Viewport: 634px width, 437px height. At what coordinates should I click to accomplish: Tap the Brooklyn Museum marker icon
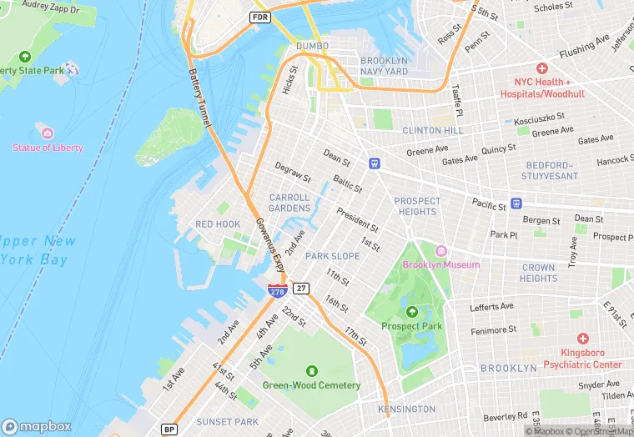click(441, 251)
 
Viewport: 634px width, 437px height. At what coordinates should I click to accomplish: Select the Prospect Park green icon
click(411, 312)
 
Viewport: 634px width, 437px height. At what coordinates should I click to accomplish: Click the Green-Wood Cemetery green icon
click(311, 370)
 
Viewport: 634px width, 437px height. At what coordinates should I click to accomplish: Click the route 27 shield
click(302, 288)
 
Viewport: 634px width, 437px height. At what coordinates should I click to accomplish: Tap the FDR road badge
click(260, 17)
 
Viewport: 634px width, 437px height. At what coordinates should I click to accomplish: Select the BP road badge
click(169, 429)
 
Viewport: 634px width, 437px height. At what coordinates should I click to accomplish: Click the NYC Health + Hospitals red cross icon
click(542, 68)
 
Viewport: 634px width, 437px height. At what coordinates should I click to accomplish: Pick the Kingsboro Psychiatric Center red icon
click(582, 339)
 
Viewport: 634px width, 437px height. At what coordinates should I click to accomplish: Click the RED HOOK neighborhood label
click(217, 224)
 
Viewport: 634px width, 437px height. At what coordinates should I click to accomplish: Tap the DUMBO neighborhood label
click(312, 46)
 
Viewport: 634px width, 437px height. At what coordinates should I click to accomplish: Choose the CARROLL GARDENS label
click(289, 203)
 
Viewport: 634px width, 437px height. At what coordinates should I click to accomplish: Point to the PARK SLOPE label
click(332, 256)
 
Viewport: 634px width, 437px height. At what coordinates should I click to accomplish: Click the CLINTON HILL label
click(432, 131)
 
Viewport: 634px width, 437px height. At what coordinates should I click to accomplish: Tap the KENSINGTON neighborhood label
click(406, 409)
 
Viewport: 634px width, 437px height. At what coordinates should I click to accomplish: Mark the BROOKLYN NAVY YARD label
click(384, 67)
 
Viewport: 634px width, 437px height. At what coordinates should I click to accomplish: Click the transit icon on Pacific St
click(516, 203)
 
